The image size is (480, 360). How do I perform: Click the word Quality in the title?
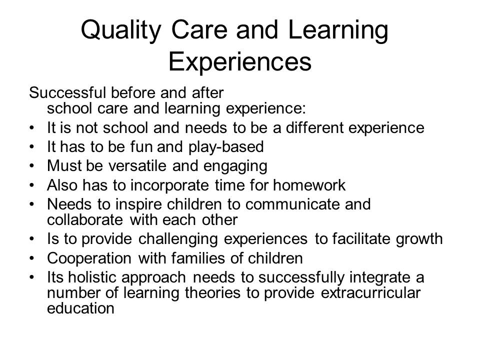(121, 30)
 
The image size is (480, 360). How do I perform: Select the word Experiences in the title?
(240, 62)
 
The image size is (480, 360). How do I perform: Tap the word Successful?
(67, 92)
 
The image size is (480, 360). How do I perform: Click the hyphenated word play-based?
(226, 147)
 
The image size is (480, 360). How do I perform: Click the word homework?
(309, 185)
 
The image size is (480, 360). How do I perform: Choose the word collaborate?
(85, 219)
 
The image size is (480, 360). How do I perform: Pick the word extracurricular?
(370, 292)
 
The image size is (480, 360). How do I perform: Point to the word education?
(80, 308)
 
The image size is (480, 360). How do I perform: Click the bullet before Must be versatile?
(32, 166)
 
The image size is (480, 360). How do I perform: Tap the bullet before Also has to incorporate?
(32, 185)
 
